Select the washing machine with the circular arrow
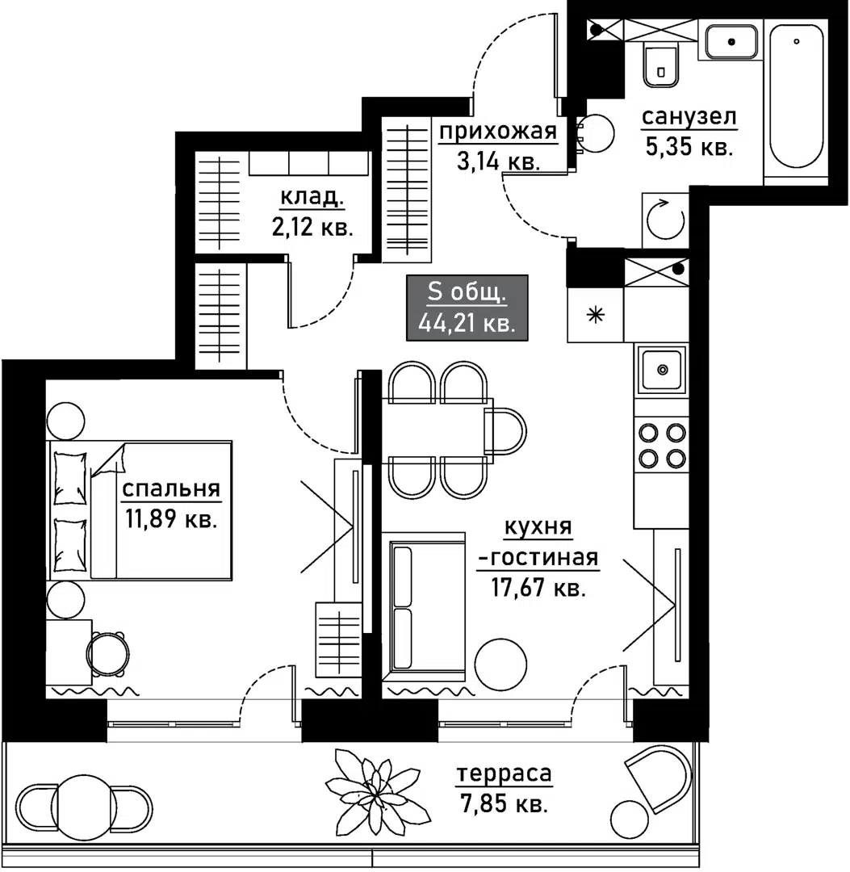665,220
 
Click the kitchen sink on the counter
662,369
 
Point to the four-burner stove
662,445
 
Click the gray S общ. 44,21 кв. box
467,308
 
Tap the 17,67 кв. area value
538,588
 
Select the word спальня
171,488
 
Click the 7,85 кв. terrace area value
505,803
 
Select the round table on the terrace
84,807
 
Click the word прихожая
498,132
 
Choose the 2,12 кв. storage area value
312,228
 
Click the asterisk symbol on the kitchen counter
596,316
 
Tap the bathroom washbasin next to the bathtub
731,42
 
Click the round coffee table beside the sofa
501,664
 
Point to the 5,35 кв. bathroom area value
689,148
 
